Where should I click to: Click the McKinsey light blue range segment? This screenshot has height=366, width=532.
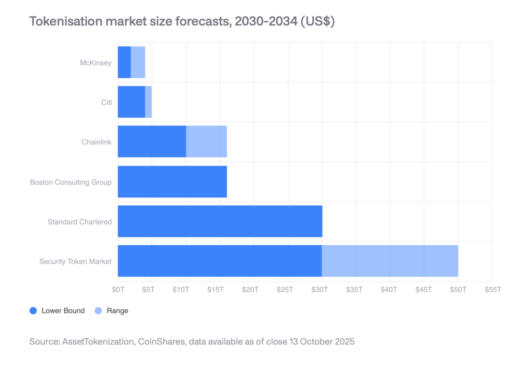pyautogui.click(x=138, y=62)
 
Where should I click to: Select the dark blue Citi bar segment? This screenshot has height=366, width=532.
pyautogui.click(x=131, y=102)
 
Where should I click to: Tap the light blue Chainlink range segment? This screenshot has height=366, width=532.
pyautogui.click(x=206, y=142)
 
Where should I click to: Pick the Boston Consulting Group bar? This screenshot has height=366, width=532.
pyautogui.click(x=172, y=181)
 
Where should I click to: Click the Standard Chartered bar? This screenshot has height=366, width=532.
pyautogui.click(x=220, y=221)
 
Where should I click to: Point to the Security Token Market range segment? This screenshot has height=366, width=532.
pyautogui.click(x=390, y=261)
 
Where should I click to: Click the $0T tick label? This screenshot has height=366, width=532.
pyautogui.click(x=118, y=289)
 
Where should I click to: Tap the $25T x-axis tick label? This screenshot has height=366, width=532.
pyautogui.click(x=285, y=289)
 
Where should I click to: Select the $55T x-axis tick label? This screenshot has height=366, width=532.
pyautogui.click(x=491, y=289)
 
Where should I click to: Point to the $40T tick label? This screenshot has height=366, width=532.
pyautogui.click(x=389, y=289)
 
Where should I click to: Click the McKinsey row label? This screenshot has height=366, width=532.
pyautogui.click(x=96, y=62)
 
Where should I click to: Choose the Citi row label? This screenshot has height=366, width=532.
pyautogui.click(x=106, y=102)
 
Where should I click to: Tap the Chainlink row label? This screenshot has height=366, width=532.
pyautogui.click(x=96, y=142)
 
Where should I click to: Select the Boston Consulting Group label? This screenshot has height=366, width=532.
pyautogui.click(x=71, y=182)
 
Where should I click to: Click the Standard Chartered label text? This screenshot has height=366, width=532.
pyautogui.click(x=79, y=222)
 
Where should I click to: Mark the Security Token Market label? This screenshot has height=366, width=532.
pyautogui.click(x=75, y=261)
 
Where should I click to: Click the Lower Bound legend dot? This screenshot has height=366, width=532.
pyautogui.click(x=33, y=311)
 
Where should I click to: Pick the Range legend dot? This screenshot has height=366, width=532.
pyautogui.click(x=98, y=311)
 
